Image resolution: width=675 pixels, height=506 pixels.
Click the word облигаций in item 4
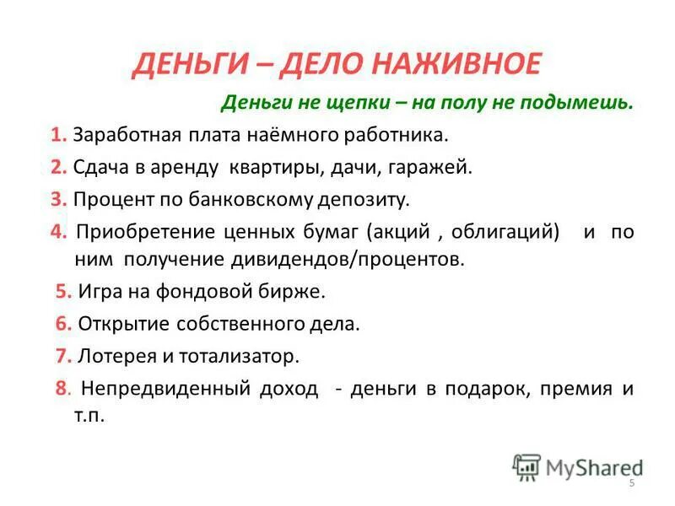pyautogui.click(x=505, y=231)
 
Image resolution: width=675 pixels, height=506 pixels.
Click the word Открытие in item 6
pyautogui.click(x=116, y=324)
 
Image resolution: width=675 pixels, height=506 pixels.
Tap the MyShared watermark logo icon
pyautogui.click(x=526, y=467)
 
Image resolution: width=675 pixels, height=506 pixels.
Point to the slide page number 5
pyautogui.click(x=630, y=482)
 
